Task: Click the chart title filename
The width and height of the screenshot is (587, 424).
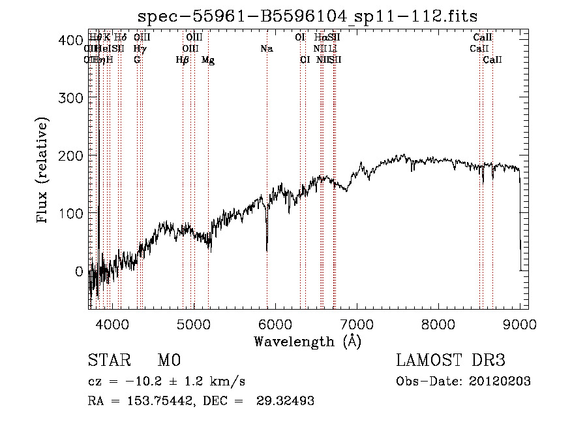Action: (312, 17)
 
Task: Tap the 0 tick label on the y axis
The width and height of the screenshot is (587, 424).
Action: (78, 271)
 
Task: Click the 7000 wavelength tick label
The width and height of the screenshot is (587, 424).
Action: (357, 323)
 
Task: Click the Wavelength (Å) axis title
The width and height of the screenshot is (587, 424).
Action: (307, 341)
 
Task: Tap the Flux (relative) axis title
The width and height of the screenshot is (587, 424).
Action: (44, 171)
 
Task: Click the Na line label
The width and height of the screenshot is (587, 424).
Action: (266, 49)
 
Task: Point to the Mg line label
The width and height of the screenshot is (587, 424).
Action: (208, 60)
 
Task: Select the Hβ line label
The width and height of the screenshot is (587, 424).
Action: (183, 60)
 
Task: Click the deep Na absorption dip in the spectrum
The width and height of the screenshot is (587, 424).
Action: (267, 247)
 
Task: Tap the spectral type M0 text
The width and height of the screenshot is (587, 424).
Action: (168, 361)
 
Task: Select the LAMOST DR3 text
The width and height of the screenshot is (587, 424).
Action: (450, 361)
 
